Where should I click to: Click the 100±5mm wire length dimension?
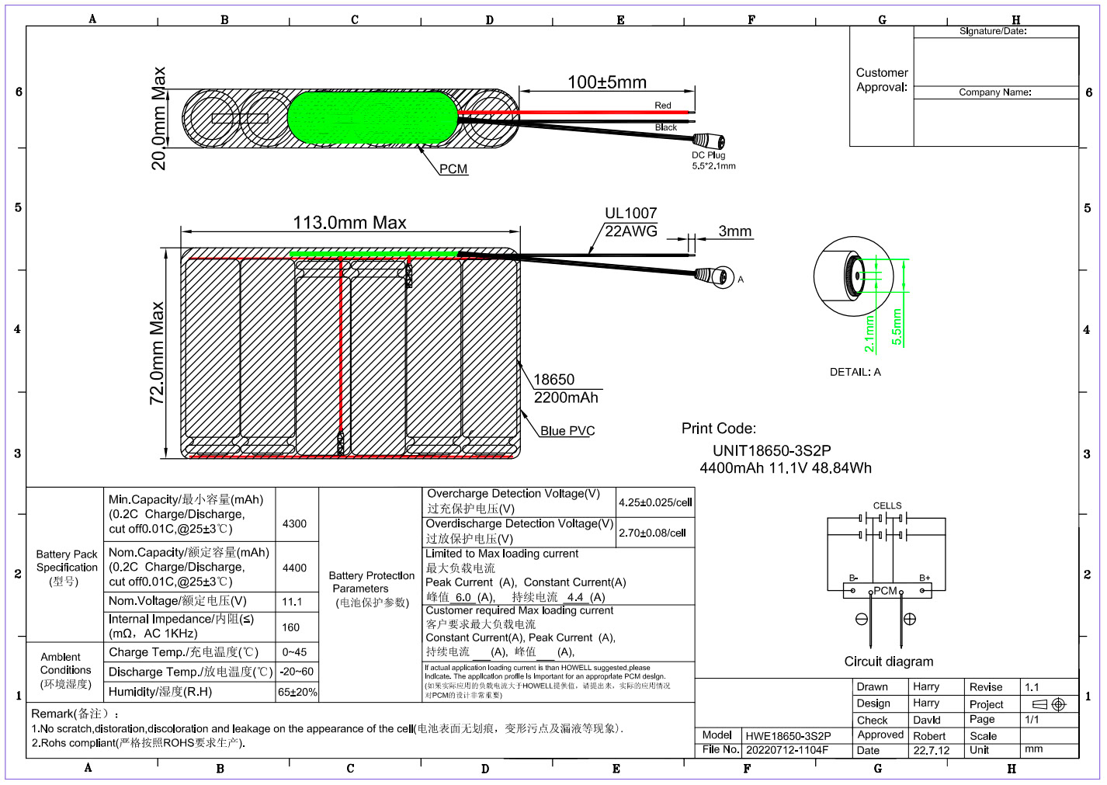(x=606, y=82)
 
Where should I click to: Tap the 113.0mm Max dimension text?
(x=349, y=223)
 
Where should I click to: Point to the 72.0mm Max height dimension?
(x=158, y=353)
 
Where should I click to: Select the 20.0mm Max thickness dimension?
(x=159, y=118)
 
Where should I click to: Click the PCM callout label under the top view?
(x=453, y=169)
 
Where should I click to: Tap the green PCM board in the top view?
(x=373, y=118)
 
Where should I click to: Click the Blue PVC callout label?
(x=567, y=431)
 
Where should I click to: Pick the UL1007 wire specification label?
(x=630, y=214)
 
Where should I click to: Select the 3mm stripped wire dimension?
(x=734, y=231)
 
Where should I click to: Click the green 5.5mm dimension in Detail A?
(x=897, y=327)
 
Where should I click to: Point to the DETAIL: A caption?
(x=855, y=372)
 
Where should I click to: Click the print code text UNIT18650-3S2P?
(x=772, y=450)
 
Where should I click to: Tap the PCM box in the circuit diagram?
(x=887, y=591)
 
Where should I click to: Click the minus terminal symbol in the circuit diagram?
(x=862, y=619)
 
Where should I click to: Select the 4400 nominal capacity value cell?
(x=294, y=568)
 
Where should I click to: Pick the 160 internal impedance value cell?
(x=291, y=627)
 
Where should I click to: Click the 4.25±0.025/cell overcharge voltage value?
(x=655, y=502)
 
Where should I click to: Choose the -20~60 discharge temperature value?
(x=297, y=672)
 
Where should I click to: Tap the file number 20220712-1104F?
(x=787, y=750)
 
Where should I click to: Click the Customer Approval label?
(x=882, y=80)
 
